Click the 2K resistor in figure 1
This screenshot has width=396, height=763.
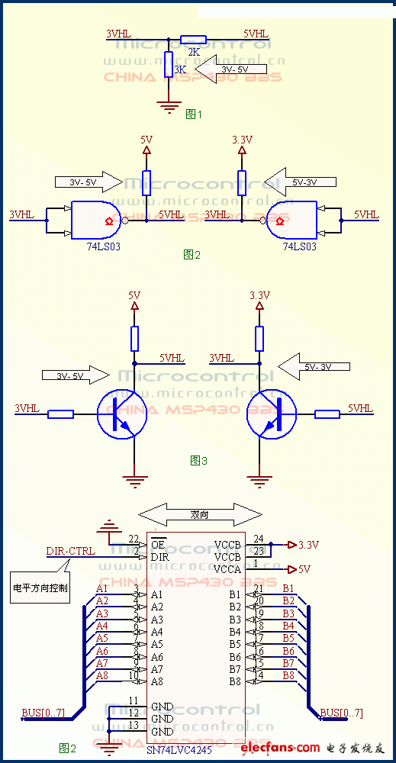click(x=193, y=40)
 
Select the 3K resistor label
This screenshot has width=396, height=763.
click(x=180, y=69)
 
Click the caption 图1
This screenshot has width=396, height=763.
click(x=194, y=114)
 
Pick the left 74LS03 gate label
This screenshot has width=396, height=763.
click(x=104, y=246)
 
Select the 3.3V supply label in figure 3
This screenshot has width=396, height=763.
click(x=260, y=295)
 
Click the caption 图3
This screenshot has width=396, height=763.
click(x=198, y=460)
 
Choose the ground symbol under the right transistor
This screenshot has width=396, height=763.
click(x=259, y=480)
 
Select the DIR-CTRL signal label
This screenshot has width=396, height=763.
click(x=71, y=551)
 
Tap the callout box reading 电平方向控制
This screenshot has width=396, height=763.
click(x=40, y=588)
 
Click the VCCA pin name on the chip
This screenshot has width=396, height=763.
click(x=227, y=569)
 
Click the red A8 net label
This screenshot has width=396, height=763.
click(x=102, y=675)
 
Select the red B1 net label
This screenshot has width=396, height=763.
click(x=288, y=588)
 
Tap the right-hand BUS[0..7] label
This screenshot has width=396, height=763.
click(x=341, y=713)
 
